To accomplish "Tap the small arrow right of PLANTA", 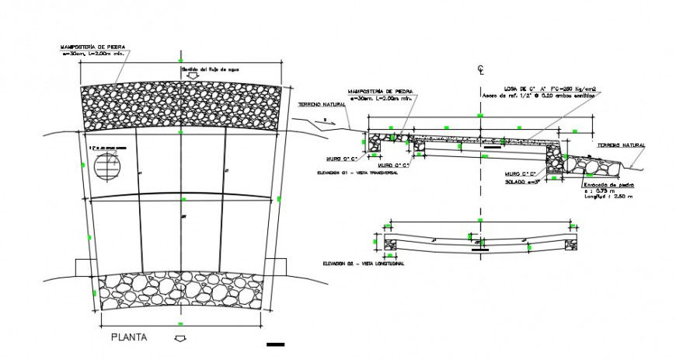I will [x=181, y=338].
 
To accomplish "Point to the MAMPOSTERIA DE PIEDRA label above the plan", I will [x=92, y=48].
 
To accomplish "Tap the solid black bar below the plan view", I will [x=276, y=344].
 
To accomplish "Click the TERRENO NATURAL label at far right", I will [x=621, y=145].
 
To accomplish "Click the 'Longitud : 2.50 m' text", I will [x=608, y=197].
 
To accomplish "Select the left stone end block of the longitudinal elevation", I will [x=390, y=240].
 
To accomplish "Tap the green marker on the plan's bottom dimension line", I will [x=181, y=323].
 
